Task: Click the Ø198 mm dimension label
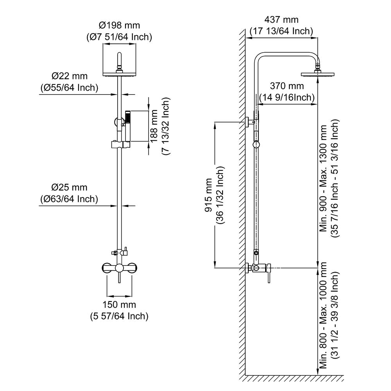coord(119,25)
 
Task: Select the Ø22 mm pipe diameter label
coord(70,76)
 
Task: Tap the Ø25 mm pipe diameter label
coord(70,188)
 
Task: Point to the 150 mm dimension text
coord(119,305)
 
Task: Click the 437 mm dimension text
coord(282,20)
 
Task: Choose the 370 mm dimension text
coord(287,86)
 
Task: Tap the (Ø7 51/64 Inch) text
coord(119,37)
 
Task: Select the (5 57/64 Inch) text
coord(119,316)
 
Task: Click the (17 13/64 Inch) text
coord(282,31)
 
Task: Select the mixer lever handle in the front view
coord(119,276)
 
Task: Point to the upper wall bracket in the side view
coord(249,122)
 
